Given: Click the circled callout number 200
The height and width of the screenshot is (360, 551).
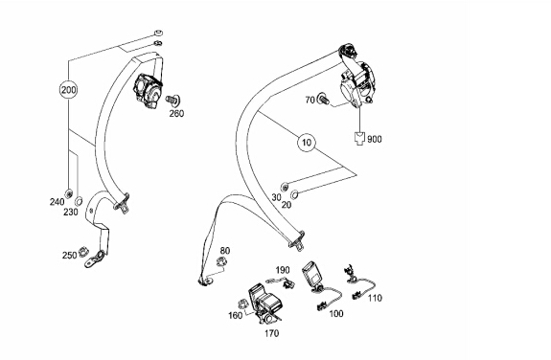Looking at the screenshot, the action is [x=69, y=90].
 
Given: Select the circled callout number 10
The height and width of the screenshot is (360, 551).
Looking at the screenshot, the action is [x=307, y=143].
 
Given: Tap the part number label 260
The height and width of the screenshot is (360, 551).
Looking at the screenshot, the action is [x=176, y=113].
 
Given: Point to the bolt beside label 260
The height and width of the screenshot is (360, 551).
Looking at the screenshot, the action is [x=172, y=100].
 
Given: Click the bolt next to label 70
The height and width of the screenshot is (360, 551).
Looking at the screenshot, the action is [x=323, y=99].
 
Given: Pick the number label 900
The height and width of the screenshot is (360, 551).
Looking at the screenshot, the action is [x=375, y=139].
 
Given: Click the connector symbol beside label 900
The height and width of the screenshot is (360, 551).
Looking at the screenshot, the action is [x=359, y=138].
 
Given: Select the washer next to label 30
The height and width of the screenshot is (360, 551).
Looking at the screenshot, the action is [x=285, y=187].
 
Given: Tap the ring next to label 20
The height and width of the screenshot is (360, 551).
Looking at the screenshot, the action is [x=295, y=193].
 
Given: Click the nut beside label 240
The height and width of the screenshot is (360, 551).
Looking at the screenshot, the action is [x=69, y=192].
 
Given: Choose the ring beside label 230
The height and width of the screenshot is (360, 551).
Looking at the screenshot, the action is [x=80, y=201].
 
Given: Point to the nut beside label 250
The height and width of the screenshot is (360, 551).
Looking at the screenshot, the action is [x=83, y=252].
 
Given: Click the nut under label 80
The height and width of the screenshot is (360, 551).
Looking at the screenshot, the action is [x=221, y=261].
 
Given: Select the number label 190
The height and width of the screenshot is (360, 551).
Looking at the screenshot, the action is [x=283, y=270].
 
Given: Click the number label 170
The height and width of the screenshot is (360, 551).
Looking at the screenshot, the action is [x=272, y=333].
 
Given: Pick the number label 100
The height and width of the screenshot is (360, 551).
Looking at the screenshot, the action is [x=336, y=313].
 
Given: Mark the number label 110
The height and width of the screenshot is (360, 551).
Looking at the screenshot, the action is [x=375, y=298].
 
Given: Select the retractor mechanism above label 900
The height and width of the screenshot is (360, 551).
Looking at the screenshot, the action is [x=357, y=84].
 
